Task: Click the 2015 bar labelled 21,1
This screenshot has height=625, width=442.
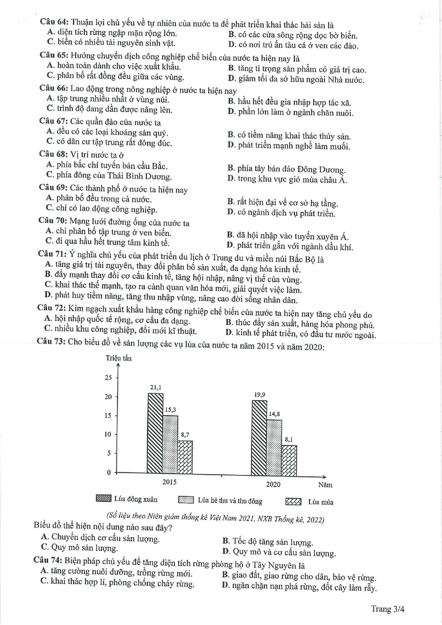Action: coord(155,434)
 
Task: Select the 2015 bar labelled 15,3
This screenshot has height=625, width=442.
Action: coord(170,445)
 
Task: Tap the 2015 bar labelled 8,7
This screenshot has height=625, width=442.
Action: coord(185,457)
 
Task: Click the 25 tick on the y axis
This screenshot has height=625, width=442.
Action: coord(109,378)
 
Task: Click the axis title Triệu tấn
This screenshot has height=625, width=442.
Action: coord(118,358)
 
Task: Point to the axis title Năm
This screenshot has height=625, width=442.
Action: coord(325,485)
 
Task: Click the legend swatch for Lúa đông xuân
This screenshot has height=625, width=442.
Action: coord(104,500)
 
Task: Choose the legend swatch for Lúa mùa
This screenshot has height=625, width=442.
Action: coord(293,501)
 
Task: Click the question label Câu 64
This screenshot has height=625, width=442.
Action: coord(55,22)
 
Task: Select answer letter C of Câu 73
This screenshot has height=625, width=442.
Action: coord(45,547)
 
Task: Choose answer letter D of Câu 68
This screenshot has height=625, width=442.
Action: coord(231,179)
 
